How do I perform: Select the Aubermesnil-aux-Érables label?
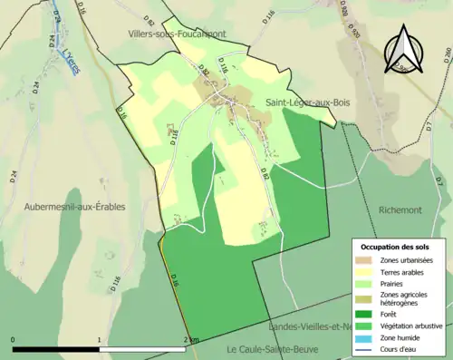(74, 206)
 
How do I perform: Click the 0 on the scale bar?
(14, 340)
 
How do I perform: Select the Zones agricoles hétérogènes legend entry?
(402, 297)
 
